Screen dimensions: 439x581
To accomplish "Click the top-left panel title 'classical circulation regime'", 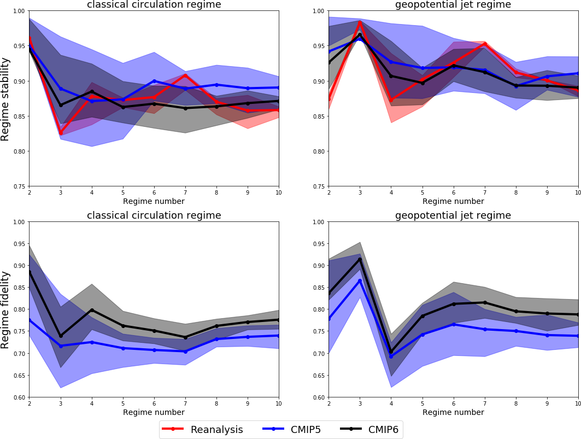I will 154,5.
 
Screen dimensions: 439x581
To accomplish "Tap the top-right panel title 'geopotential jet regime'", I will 453,5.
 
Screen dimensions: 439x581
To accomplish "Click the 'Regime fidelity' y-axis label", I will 5,309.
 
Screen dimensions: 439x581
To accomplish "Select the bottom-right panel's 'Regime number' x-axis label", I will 453,412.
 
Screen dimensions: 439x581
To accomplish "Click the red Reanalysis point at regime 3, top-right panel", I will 360,22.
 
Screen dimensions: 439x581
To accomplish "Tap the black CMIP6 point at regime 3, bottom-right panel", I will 360,259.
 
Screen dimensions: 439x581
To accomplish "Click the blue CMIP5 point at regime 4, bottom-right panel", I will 391,356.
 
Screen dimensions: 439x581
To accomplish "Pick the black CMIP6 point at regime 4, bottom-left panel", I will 92,310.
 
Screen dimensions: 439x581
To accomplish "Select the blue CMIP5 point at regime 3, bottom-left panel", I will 61,346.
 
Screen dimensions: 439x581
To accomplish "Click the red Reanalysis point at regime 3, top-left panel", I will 61,133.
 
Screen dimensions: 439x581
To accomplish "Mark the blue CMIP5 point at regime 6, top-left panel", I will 154,81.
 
